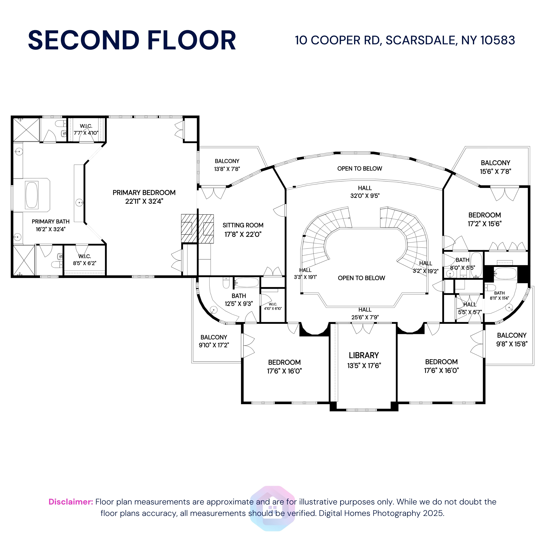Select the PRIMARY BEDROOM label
(x=144, y=193)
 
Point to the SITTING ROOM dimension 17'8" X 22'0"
(x=243, y=234)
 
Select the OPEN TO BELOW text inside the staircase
(x=361, y=278)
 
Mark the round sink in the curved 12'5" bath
(x=213, y=310)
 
